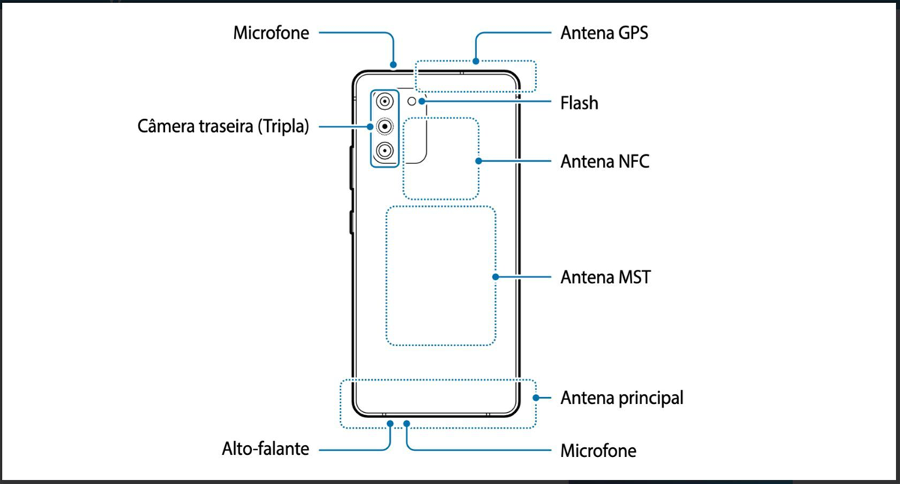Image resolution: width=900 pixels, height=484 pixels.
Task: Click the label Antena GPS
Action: pyautogui.click(x=604, y=34)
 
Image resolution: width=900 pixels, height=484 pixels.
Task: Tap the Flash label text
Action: pyautogui.click(x=579, y=102)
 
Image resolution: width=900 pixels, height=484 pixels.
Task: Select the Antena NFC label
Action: pyautogui.click(x=604, y=161)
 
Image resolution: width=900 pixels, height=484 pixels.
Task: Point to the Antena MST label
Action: pyautogui.click(x=605, y=277)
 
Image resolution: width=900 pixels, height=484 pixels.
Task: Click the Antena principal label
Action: pyautogui.click(x=622, y=397)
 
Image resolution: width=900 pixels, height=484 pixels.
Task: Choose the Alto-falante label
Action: pyautogui.click(x=265, y=450)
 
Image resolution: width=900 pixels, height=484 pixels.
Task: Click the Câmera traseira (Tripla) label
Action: pyautogui.click(x=223, y=126)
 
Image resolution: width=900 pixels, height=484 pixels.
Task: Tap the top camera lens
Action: pyautogui.click(x=385, y=102)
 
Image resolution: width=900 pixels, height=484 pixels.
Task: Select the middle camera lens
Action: pyautogui.click(x=385, y=127)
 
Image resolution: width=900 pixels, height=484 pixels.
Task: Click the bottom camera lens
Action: pyautogui.click(x=385, y=151)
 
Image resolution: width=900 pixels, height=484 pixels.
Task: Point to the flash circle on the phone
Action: pyautogui.click(x=412, y=100)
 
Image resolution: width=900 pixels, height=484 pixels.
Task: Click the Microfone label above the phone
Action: pyautogui.click(x=271, y=34)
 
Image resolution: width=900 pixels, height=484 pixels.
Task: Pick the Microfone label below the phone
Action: pyautogui.click(x=598, y=451)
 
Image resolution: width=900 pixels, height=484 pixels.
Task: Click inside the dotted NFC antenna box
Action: pyautogui.click(x=441, y=158)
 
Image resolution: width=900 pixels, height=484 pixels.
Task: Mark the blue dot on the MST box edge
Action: pyautogui.click(x=496, y=276)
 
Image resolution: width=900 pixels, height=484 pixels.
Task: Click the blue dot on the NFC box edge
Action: pyautogui.click(x=478, y=160)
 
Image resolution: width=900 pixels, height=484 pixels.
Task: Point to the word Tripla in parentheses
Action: pyautogui.click(x=281, y=126)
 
